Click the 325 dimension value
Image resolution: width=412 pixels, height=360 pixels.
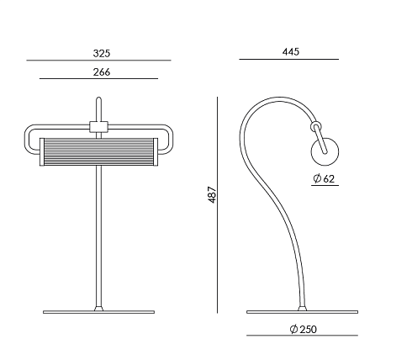[x=102, y=53]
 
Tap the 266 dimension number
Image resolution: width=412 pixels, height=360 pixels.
[x=102, y=72]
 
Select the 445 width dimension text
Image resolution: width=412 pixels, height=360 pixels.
[x=291, y=52]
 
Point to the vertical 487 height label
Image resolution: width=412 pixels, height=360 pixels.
[x=212, y=194]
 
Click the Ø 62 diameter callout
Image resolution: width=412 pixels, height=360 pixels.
[x=324, y=178]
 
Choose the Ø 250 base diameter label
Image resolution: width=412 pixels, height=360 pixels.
[x=303, y=329]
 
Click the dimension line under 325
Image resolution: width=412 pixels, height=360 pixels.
[x=98, y=61]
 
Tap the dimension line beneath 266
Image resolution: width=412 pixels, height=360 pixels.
[x=98, y=79]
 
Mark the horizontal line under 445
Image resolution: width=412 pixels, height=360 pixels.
[x=288, y=60]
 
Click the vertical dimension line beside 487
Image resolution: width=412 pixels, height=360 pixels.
[x=217, y=205]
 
